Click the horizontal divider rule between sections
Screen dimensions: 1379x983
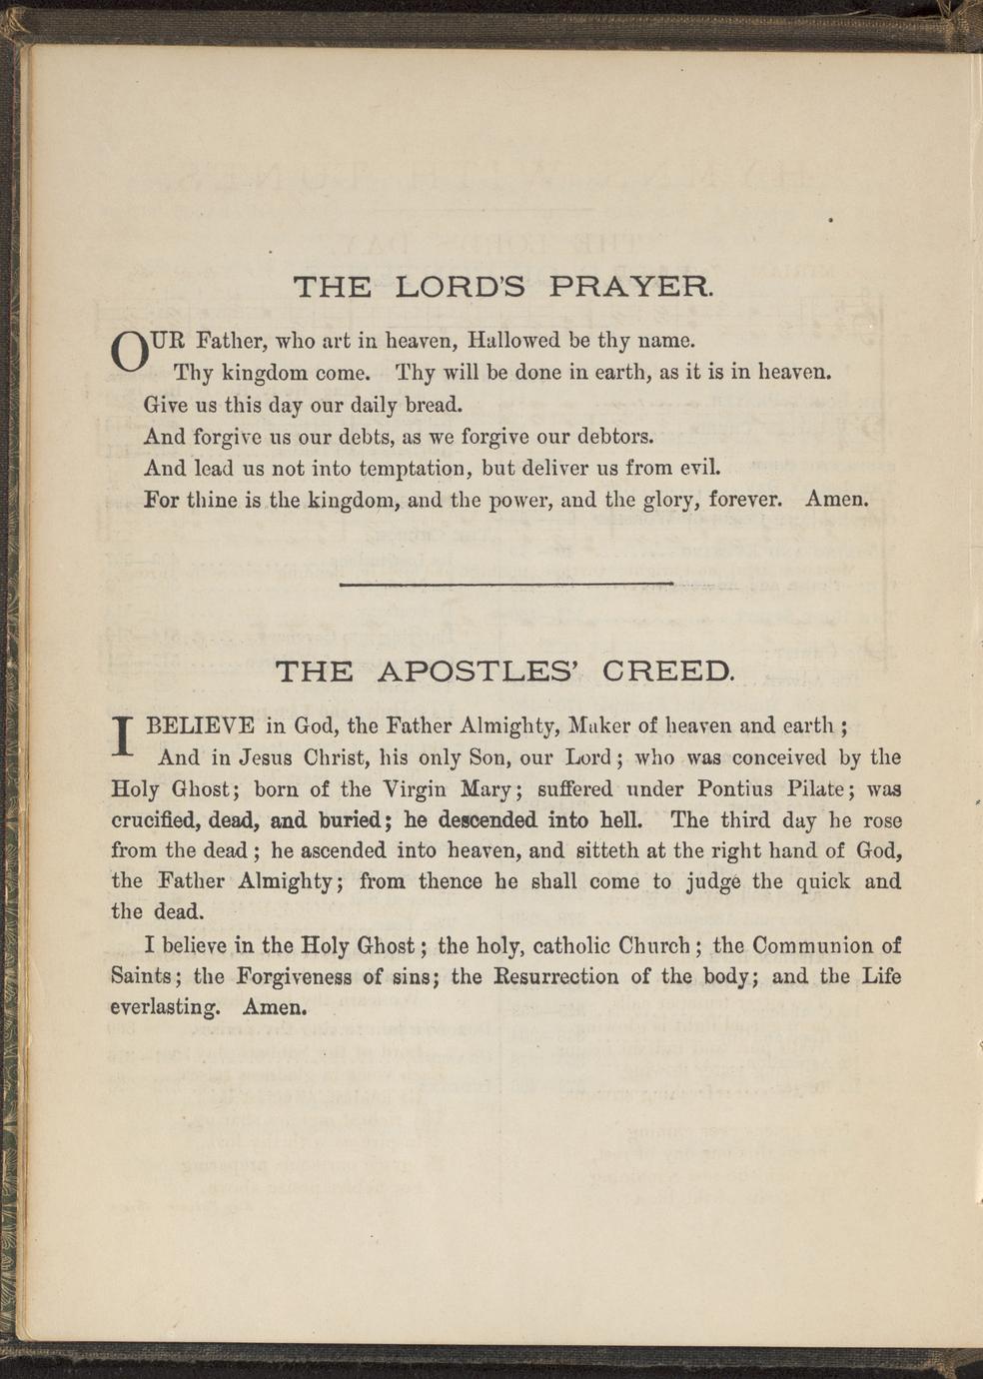(x=506, y=584)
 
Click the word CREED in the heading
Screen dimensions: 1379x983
(x=668, y=671)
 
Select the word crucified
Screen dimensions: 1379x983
(x=158, y=820)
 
